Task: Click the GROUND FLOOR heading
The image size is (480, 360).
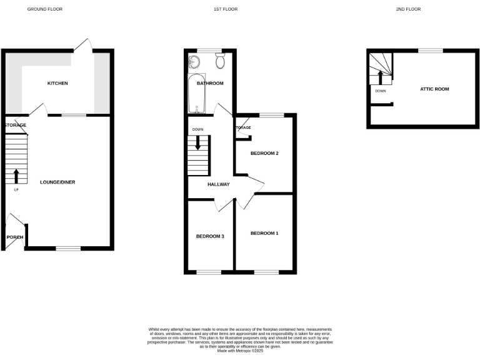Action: (44, 9)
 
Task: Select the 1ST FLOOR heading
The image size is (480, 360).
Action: (226, 9)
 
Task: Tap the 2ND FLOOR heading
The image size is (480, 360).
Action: (408, 9)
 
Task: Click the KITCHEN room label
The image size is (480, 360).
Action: (57, 83)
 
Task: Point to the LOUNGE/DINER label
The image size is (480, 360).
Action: (57, 182)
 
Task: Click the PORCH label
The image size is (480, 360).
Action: (14, 237)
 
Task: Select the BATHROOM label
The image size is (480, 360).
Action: (210, 83)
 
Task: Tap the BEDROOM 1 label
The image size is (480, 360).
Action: (264, 233)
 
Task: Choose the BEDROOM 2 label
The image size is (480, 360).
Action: (264, 153)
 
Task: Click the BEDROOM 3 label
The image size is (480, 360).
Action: (210, 236)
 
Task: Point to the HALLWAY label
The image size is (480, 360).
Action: (219, 184)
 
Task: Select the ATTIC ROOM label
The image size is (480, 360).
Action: (434, 89)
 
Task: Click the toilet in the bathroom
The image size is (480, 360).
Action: (220, 61)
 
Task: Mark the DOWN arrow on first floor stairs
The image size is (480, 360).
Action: (199, 142)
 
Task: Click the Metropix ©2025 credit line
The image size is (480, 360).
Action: (240, 351)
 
